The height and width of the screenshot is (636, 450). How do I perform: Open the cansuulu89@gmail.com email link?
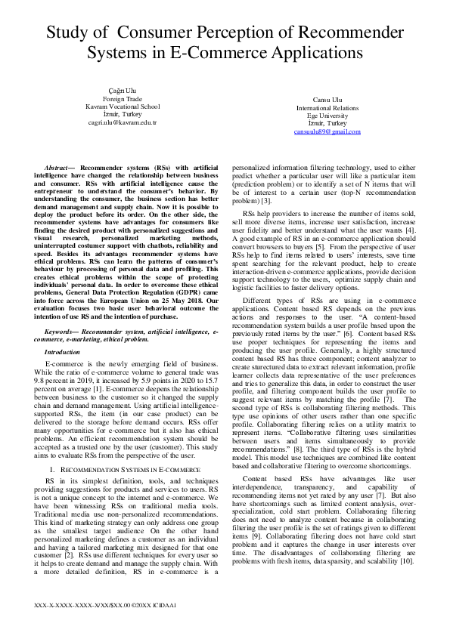click(x=306, y=131)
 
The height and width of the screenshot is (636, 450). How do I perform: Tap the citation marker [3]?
click(x=266, y=202)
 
